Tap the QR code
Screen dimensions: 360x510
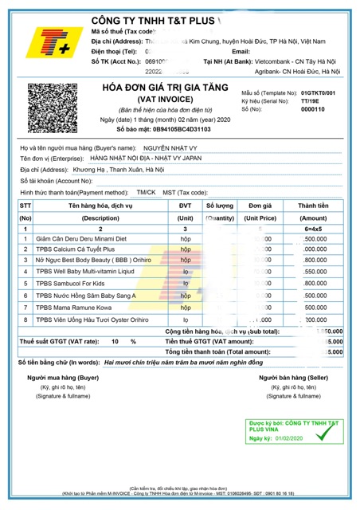point(51,108)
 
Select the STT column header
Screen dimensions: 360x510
point(25,206)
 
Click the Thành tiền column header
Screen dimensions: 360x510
point(313,206)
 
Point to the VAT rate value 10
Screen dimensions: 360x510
point(115,340)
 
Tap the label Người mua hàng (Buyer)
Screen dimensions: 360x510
point(63,377)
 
